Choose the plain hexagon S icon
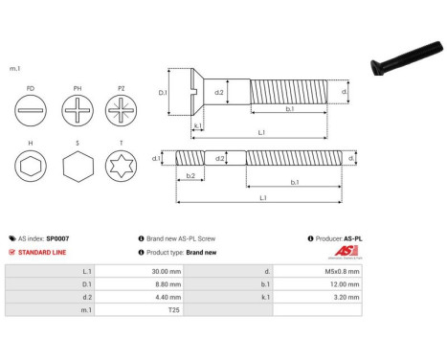point(78,169)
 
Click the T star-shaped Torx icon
point(123,169)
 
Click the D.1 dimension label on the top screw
point(163,93)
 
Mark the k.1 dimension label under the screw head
point(197,125)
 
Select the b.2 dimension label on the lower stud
point(190,175)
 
